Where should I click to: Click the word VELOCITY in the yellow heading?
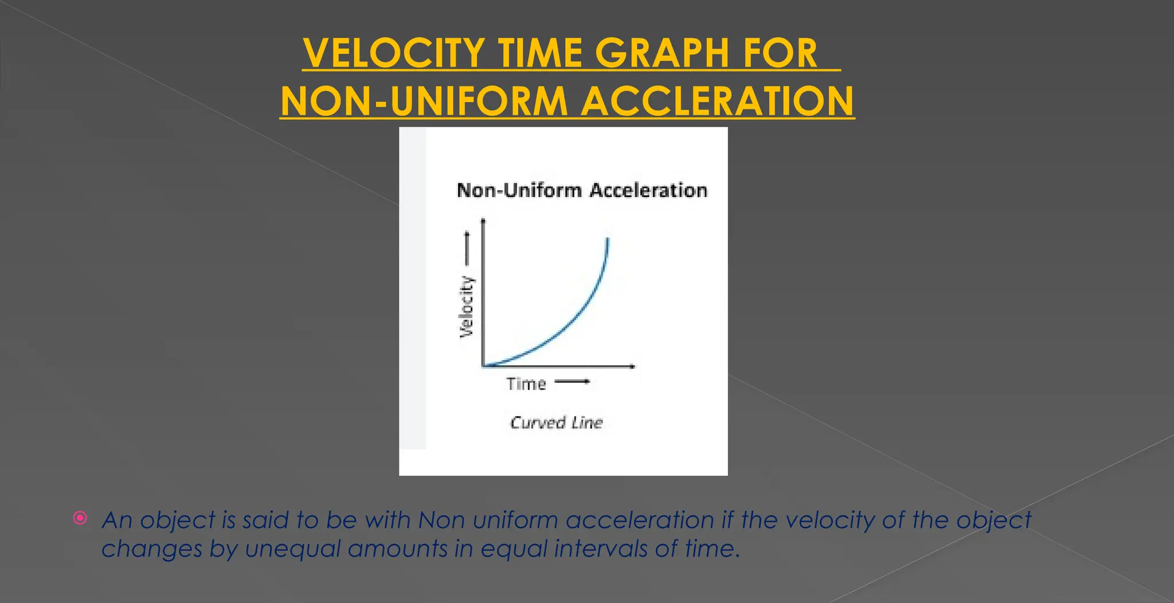pos(394,53)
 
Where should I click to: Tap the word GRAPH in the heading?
pos(662,53)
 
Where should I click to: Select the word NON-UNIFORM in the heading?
pos(424,101)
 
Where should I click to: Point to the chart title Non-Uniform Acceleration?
pos(582,190)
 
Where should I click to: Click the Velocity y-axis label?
pos(467,307)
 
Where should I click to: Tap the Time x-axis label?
pos(526,383)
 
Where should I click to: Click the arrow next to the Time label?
pos(572,382)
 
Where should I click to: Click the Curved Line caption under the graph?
pos(556,423)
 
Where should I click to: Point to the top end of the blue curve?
pos(607,239)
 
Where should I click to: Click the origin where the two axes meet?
pos(484,366)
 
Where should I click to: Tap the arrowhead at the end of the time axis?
pos(632,366)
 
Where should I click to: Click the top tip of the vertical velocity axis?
pos(484,220)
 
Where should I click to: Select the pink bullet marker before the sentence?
pos(80,518)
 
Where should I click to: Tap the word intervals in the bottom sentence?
pos(600,549)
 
